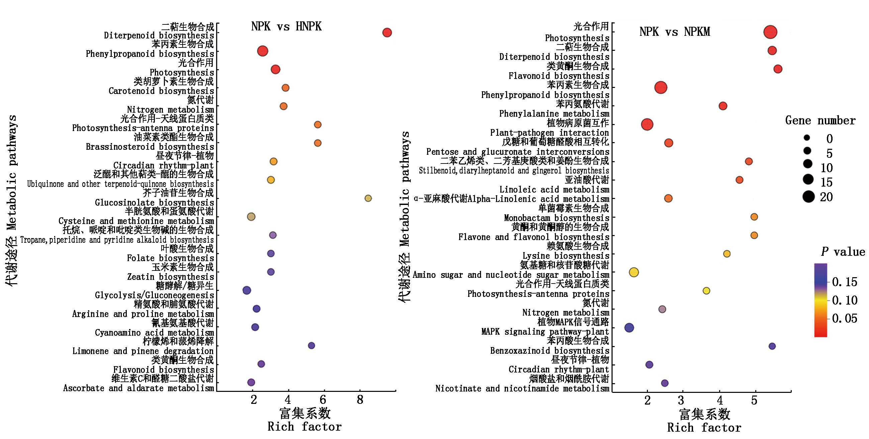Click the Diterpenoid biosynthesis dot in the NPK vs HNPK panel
pos(387,33)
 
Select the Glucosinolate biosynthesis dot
pos(368,198)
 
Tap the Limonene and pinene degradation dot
pos(311,346)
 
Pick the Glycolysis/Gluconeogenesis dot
pos(247,290)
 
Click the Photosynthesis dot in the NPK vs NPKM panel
pos(770,32)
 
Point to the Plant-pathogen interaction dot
pos(647,124)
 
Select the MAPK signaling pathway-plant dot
pos(629,328)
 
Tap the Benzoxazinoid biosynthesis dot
pos(772,346)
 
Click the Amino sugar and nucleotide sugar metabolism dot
pos(634,272)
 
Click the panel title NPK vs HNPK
pos(286,27)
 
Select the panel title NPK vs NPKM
pos(674,32)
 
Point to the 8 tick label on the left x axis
pos(360,400)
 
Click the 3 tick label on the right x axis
pos(681,401)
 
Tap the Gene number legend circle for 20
pos(808,197)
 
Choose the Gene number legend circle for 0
pos(807,137)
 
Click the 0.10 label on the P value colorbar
pos(844,300)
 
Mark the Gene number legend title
pos(820,120)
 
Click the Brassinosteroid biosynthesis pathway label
pos(150,147)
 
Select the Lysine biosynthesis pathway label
pos(565,256)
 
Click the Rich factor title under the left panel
pos(304,427)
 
